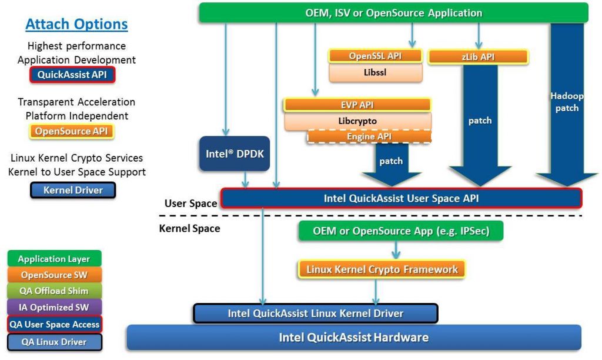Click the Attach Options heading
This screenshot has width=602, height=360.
[76, 25]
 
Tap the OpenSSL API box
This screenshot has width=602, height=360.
[375, 56]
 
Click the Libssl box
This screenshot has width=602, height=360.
[375, 72]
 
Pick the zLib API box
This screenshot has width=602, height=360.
[479, 57]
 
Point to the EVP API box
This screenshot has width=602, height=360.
[357, 105]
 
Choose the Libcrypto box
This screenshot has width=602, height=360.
[357, 121]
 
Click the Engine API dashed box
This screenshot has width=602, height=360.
[369, 136]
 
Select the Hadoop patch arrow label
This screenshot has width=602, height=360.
[564, 102]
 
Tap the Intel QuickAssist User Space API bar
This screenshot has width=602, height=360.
[401, 198]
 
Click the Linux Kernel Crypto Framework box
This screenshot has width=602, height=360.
[382, 269]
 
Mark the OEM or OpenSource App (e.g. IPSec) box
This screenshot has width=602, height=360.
[402, 231]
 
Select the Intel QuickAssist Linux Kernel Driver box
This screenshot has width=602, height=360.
[315, 314]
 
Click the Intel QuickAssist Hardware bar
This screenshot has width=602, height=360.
[353, 338]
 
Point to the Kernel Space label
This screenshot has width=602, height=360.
[189, 228]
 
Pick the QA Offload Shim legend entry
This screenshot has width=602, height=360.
[54, 291]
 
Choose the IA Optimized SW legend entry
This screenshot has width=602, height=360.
[54, 307]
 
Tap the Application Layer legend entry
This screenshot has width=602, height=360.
[54, 259]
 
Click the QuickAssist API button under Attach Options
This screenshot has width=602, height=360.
[72, 75]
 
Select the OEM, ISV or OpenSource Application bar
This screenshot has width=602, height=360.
[393, 12]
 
